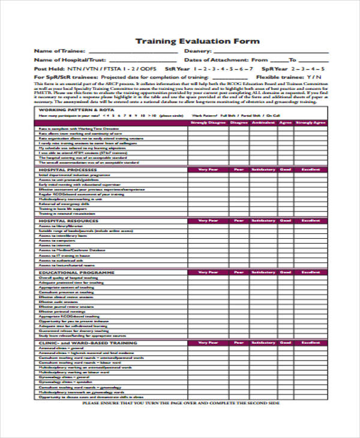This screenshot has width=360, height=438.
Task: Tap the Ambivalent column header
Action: (x=262, y=122)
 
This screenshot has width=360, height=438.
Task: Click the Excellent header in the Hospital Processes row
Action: (x=311, y=170)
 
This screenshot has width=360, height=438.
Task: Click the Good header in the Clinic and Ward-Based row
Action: (x=285, y=343)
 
